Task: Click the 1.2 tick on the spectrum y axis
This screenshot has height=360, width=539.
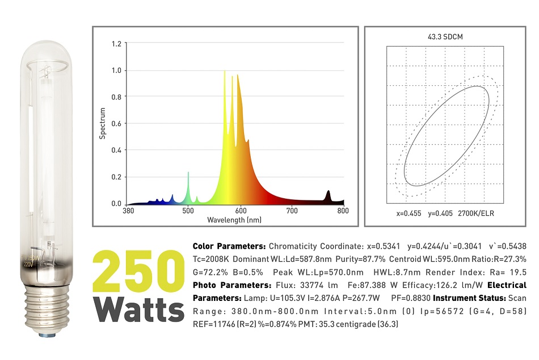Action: point(116,44)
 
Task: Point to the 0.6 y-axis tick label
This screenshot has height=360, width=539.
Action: point(116,124)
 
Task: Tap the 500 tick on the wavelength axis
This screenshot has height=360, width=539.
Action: point(187,210)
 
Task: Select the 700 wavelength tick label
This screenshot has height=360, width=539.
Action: point(292,210)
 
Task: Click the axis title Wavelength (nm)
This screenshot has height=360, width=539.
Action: point(234,220)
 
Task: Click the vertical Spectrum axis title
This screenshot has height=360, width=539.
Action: point(103,123)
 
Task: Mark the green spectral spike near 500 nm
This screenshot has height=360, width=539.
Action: point(188,176)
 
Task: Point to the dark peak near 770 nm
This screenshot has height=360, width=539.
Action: point(328,196)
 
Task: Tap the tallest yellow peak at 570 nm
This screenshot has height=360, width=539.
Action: point(225,74)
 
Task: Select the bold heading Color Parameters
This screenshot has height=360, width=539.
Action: point(229,246)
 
